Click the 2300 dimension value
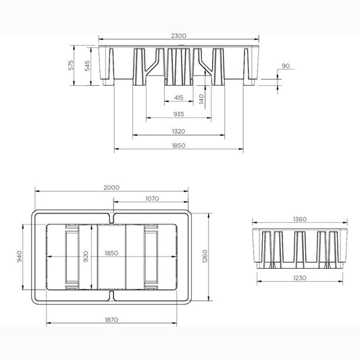pos(178,36)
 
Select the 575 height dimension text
pos(71,65)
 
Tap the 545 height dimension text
pos(88,66)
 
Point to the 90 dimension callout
pos(286,66)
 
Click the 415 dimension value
pos(178,97)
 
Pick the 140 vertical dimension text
pos(201,99)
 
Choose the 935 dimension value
pos(178,114)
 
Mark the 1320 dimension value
pos(178,131)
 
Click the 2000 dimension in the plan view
pos(111,187)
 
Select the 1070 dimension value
pos(152,198)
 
